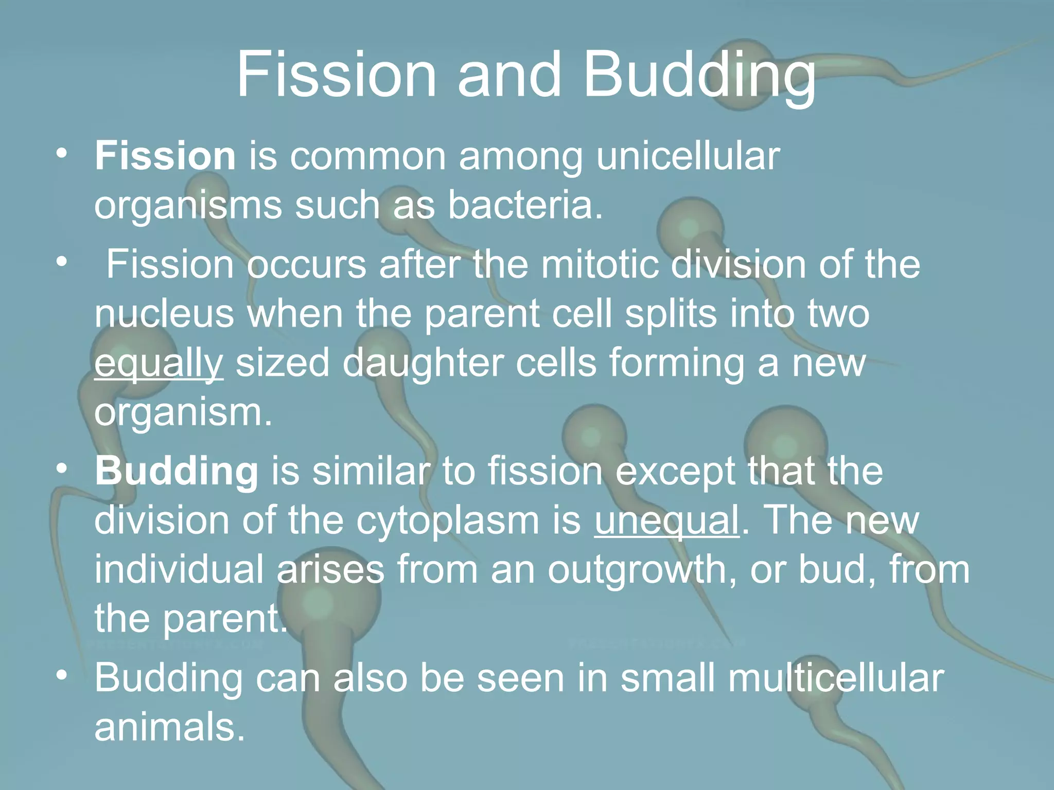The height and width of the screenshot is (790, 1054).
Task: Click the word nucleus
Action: [164, 313]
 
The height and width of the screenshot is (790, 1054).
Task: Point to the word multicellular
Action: [836, 677]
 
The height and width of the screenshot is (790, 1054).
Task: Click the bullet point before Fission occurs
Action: [62, 262]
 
